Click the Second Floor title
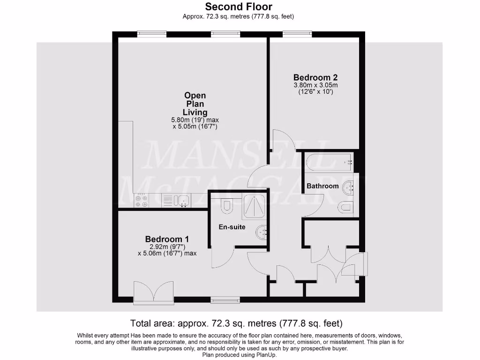(x=239, y=7)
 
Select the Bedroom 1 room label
(x=167, y=239)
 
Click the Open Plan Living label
(x=195, y=104)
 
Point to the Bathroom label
(x=322, y=186)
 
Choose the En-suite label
(x=232, y=227)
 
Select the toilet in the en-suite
(x=227, y=204)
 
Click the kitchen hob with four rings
(x=141, y=201)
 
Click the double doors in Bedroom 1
(x=153, y=292)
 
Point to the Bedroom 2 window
(x=297, y=33)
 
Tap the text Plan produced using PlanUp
(x=240, y=355)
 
